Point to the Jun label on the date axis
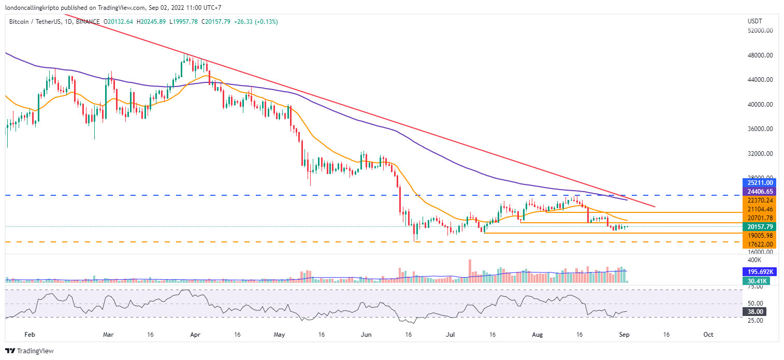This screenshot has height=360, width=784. click(366, 335)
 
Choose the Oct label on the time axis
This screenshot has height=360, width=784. click(708, 335)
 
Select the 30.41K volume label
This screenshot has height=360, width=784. click(756, 281)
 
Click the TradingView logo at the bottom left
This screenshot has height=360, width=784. click(30, 351)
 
